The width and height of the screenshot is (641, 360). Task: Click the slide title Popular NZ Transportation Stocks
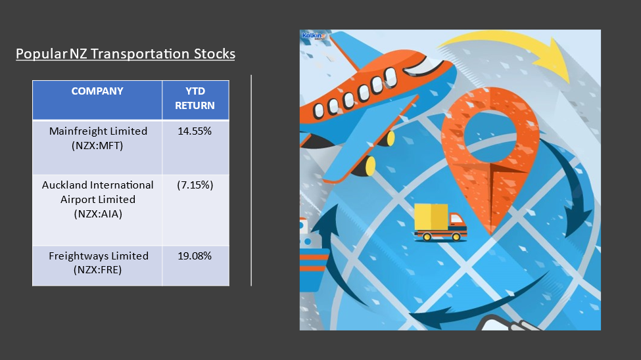(126, 54)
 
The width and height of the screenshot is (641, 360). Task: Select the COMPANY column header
(97, 91)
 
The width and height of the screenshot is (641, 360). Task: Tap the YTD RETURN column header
(195, 98)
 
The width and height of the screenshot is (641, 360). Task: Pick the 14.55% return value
(195, 131)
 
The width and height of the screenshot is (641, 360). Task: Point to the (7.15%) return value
(195, 185)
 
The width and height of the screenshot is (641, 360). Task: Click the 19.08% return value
(195, 256)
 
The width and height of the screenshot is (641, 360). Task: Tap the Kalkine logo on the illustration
(314, 36)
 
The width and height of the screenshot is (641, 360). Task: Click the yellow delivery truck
(440, 222)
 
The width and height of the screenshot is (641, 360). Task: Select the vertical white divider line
(251, 180)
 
